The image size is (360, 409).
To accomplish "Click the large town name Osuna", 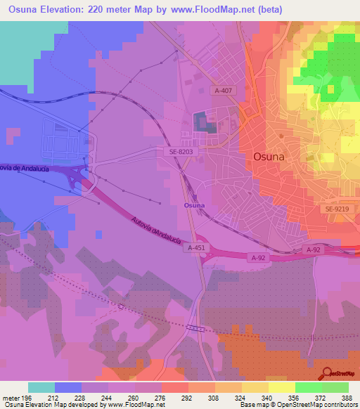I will [x=269, y=157].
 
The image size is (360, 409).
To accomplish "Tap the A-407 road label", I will [x=224, y=90].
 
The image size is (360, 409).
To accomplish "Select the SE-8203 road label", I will [x=181, y=150].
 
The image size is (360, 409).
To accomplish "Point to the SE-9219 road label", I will [x=337, y=209].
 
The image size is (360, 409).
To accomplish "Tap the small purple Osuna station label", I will [x=194, y=205].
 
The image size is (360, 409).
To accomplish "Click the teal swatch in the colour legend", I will [x=41, y=387].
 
